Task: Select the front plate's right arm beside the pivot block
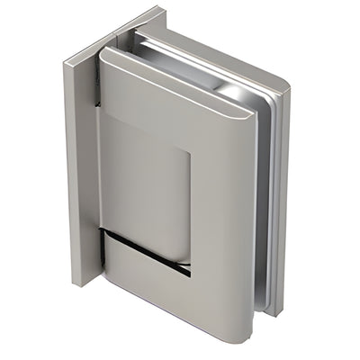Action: [x=216, y=198]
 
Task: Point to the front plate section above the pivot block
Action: [x=162, y=90]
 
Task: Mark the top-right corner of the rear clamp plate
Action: [x=290, y=90]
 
